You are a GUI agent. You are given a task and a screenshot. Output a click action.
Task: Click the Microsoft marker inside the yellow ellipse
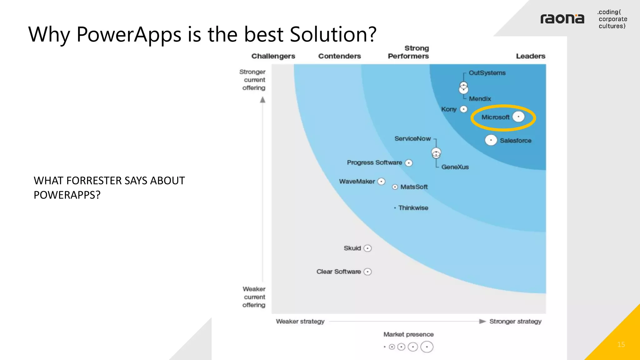[x=518, y=117]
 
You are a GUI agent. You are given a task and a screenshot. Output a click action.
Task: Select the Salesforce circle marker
[x=491, y=140]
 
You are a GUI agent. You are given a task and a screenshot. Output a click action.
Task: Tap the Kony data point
[x=464, y=109]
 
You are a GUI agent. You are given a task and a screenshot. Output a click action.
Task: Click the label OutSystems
[x=487, y=73]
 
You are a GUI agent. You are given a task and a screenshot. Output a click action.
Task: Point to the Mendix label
[x=480, y=99]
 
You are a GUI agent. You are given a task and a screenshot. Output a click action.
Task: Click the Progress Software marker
[x=409, y=163]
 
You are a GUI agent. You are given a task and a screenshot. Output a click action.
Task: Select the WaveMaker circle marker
[x=381, y=182]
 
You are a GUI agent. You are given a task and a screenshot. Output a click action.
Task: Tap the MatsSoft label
[x=414, y=187]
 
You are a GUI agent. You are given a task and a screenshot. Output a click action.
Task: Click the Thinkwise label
[x=413, y=208]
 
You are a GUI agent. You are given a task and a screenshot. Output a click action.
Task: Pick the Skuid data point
[x=368, y=248]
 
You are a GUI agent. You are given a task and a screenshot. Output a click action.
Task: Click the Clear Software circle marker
[x=368, y=272]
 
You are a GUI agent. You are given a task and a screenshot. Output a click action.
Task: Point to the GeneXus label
[x=455, y=167]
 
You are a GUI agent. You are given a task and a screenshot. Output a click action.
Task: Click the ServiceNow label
[x=412, y=138]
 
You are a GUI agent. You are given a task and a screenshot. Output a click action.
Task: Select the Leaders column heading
[x=530, y=56]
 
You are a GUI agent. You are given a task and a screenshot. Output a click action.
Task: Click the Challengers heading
[x=273, y=56]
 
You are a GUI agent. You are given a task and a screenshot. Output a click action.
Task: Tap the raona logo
[x=562, y=19]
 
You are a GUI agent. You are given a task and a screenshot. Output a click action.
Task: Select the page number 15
[x=621, y=344]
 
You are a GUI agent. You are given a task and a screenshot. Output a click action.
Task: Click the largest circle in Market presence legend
[x=427, y=347]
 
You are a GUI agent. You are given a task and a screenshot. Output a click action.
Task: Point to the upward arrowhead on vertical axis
[x=263, y=100]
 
